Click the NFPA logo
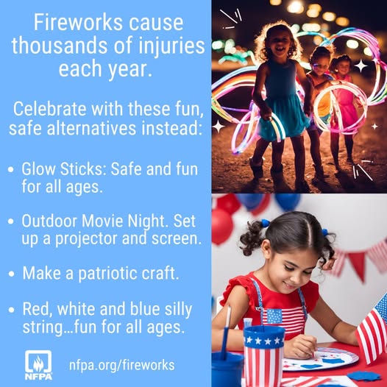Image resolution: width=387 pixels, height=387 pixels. (x=38, y=365)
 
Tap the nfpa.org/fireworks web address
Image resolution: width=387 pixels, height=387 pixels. (x=122, y=365)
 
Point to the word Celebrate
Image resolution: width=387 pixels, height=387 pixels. (x=49, y=109)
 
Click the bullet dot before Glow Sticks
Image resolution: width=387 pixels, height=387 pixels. (x=11, y=169)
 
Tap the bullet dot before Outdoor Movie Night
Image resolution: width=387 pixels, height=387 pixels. (x=11, y=221)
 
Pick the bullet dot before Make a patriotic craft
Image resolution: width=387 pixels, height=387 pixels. (x=11, y=274)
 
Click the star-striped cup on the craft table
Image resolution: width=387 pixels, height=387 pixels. (x=263, y=356)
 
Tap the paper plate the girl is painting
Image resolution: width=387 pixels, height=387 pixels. (x=321, y=359)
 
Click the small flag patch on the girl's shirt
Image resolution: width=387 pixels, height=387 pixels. (x=274, y=316)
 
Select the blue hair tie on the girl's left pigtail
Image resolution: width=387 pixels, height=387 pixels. (x=266, y=223)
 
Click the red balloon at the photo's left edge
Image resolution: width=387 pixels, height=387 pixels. (x=221, y=227)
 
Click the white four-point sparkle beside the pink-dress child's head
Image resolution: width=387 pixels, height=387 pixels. (x=361, y=65)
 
